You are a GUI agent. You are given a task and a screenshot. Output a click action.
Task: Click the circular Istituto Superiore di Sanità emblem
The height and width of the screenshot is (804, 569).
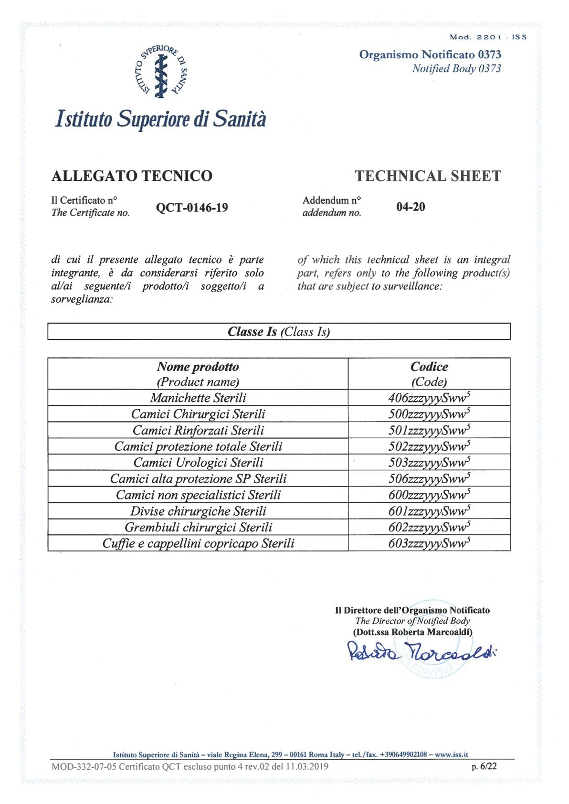(161, 72)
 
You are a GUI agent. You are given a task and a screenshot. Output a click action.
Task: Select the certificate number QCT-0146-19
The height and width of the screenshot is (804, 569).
(192, 208)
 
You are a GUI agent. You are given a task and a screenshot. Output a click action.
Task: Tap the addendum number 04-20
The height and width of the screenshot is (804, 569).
(411, 207)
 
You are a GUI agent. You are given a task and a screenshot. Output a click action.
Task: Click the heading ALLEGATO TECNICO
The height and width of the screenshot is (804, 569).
(132, 176)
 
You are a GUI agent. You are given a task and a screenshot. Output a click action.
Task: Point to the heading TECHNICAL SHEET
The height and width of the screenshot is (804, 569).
(428, 176)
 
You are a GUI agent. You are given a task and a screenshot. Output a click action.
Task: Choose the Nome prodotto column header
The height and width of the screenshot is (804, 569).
(198, 374)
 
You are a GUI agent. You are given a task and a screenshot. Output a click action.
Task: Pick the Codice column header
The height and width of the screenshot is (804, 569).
(429, 374)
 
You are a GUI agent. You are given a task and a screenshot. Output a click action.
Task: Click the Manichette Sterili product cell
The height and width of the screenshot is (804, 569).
(198, 398)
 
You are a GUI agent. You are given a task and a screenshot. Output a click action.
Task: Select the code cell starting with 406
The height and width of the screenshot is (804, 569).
(429, 398)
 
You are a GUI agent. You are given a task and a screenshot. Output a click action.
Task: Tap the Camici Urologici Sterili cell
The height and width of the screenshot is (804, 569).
(198, 462)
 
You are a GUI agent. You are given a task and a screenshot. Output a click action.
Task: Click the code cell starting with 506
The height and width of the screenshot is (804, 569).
(429, 478)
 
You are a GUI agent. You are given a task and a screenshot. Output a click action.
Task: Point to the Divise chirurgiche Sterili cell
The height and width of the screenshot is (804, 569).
(198, 511)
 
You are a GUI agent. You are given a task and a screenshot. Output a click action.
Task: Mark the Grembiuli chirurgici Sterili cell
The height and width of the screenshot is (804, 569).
(198, 527)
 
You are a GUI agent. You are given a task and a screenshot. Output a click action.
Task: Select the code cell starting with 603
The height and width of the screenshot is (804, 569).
(429, 543)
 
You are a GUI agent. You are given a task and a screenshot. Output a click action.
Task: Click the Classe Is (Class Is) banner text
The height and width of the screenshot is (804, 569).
(279, 332)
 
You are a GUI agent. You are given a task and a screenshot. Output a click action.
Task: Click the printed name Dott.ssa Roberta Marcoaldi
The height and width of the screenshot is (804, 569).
(412, 632)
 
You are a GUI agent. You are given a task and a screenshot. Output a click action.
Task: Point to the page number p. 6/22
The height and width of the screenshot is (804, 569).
(484, 766)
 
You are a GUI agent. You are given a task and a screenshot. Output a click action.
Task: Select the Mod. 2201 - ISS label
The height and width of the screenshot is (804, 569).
(488, 37)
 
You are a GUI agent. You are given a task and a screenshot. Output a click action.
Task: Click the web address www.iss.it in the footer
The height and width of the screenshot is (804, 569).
(451, 755)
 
